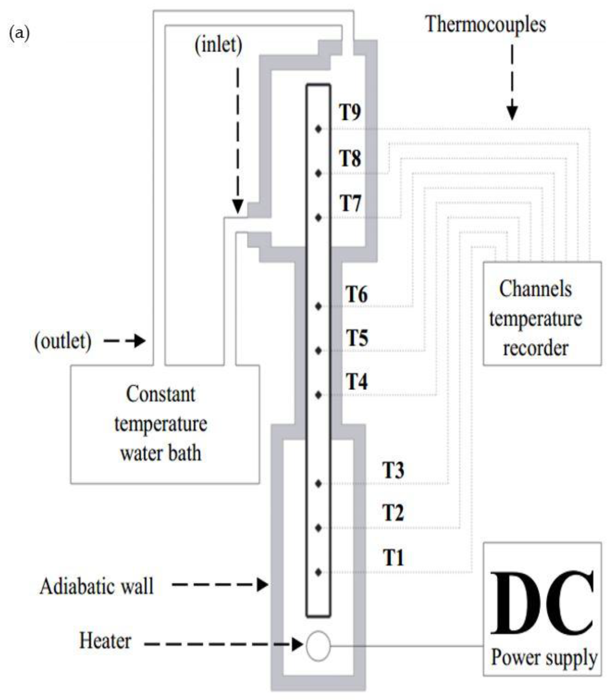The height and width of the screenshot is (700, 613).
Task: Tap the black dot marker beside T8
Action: pos(318,173)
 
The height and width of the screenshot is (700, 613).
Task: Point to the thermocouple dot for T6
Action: pos(318,306)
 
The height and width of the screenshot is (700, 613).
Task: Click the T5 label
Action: pos(357,338)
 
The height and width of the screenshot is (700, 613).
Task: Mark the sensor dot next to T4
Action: pos(318,395)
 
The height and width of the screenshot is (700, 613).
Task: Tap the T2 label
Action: pos(393,512)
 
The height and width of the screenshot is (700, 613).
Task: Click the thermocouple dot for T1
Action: pos(318,572)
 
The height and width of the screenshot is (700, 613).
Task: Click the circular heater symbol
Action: pos(318,646)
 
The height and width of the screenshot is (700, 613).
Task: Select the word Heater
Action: pos(105,640)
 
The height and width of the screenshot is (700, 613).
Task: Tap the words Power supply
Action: pos(544,657)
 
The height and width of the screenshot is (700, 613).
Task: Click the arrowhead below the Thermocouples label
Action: pos(512,113)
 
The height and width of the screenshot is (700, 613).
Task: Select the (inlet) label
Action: pos(218,45)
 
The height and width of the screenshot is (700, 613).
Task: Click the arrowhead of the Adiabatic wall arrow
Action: pos(262,584)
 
